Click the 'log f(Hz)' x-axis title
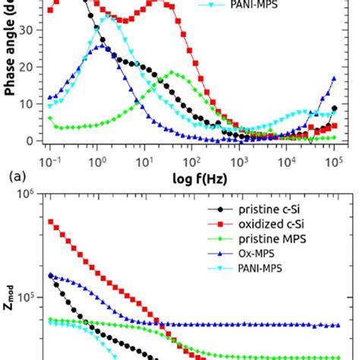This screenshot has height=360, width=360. [x=188, y=179]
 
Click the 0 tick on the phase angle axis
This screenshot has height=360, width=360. [x=33, y=141]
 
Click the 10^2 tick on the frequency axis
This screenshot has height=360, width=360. [x=192, y=163]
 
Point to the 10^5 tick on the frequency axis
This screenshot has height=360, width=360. [x=333, y=163]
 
